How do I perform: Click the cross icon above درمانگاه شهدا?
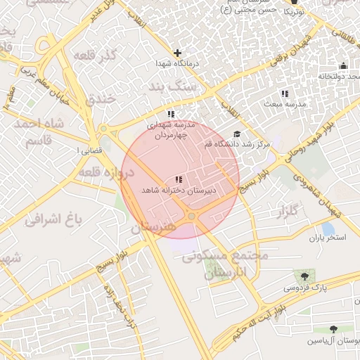pyautogui.click(x=177, y=53)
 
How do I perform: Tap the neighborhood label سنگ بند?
pyautogui.click(x=174, y=86)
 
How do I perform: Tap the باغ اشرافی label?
pyautogui.click(x=53, y=219)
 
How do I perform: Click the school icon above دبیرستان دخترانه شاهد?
pyautogui.click(x=179, y=180)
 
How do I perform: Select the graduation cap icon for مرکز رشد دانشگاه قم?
pyautogui.click(x=236, y=134)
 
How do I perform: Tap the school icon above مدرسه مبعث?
pyautogui.click(x=284, y=94)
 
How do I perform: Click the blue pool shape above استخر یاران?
pyautogui.click(x=328, y=229)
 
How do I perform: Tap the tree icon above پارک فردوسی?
pyautogui.click(x=304, y=276)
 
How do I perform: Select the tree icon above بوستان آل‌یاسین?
pyautogui.click(x=333, y=329)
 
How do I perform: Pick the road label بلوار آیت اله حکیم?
pyautogui.click(x=266, y=314)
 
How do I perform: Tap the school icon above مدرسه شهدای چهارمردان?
pyautogui.click(x=171, y=114)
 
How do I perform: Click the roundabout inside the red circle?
pyautogui.click(x=191, y=216)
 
